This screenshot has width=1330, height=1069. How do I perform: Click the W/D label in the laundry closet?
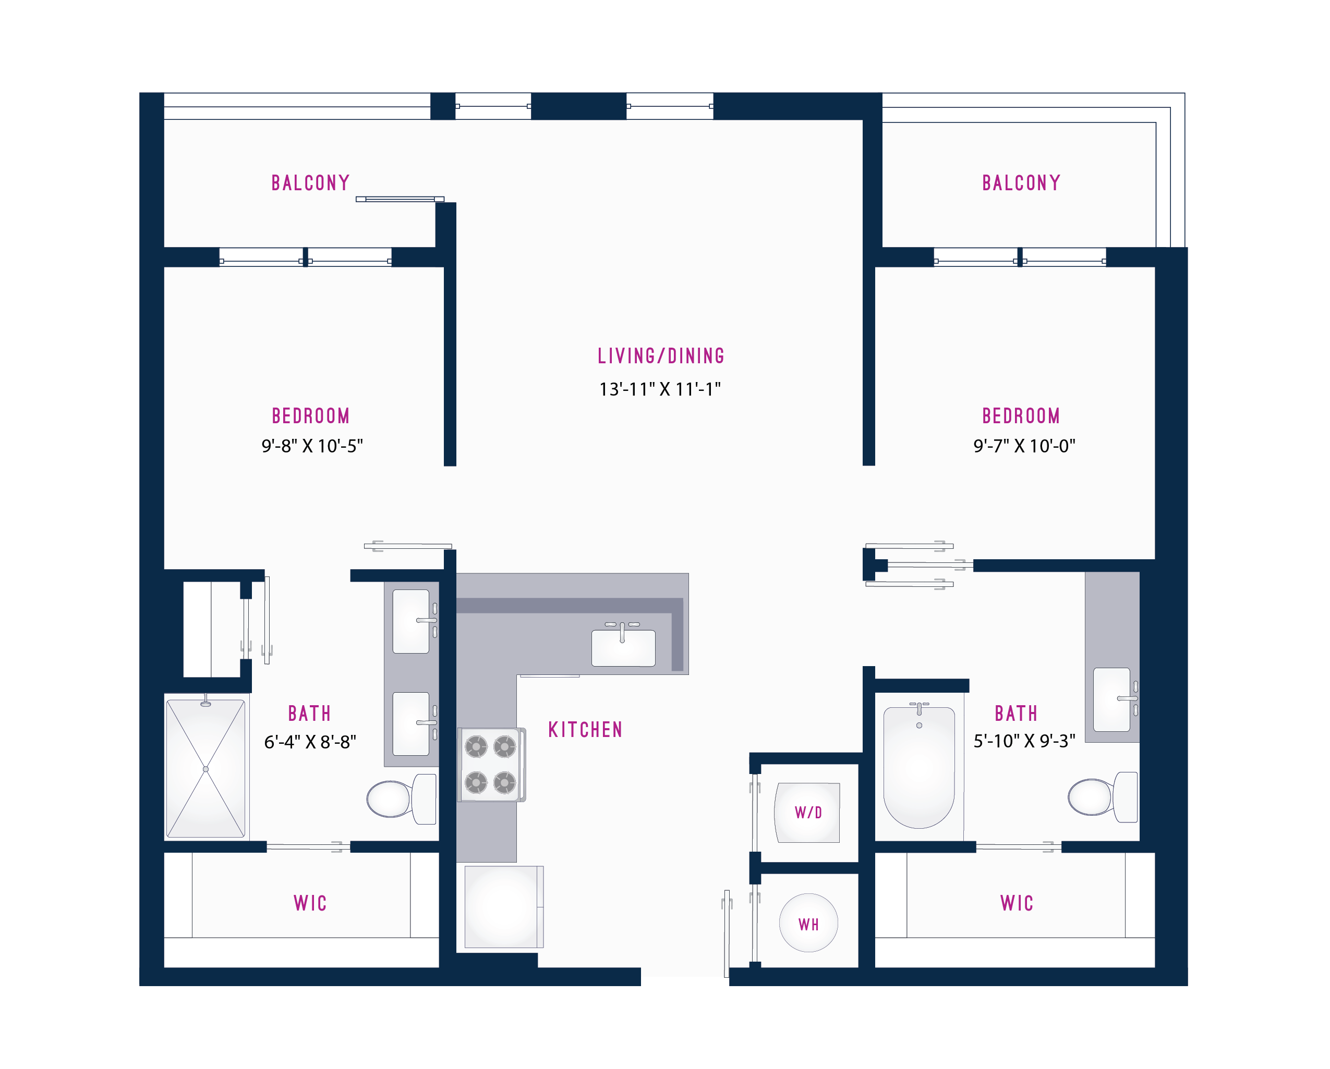808,813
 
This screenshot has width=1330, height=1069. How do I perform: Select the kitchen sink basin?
623,648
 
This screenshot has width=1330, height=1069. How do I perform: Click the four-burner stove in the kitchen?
491,765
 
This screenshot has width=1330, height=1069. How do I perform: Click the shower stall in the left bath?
206,768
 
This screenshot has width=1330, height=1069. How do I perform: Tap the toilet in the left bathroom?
402,798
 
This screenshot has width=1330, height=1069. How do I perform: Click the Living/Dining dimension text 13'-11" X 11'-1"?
660,389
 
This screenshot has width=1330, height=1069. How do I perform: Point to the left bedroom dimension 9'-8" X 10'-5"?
312,446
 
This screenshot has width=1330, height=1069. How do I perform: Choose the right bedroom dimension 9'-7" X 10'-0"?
1024,446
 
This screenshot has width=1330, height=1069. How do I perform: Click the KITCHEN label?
585,730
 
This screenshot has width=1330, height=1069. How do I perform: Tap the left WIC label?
310,903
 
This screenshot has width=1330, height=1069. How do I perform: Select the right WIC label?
1017,903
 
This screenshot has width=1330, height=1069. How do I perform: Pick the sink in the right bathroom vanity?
1111,699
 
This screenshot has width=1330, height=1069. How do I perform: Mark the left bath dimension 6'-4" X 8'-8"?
310,742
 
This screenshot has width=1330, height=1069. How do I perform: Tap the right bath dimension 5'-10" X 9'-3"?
1024,741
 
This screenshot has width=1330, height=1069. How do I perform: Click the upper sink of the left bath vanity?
411,621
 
